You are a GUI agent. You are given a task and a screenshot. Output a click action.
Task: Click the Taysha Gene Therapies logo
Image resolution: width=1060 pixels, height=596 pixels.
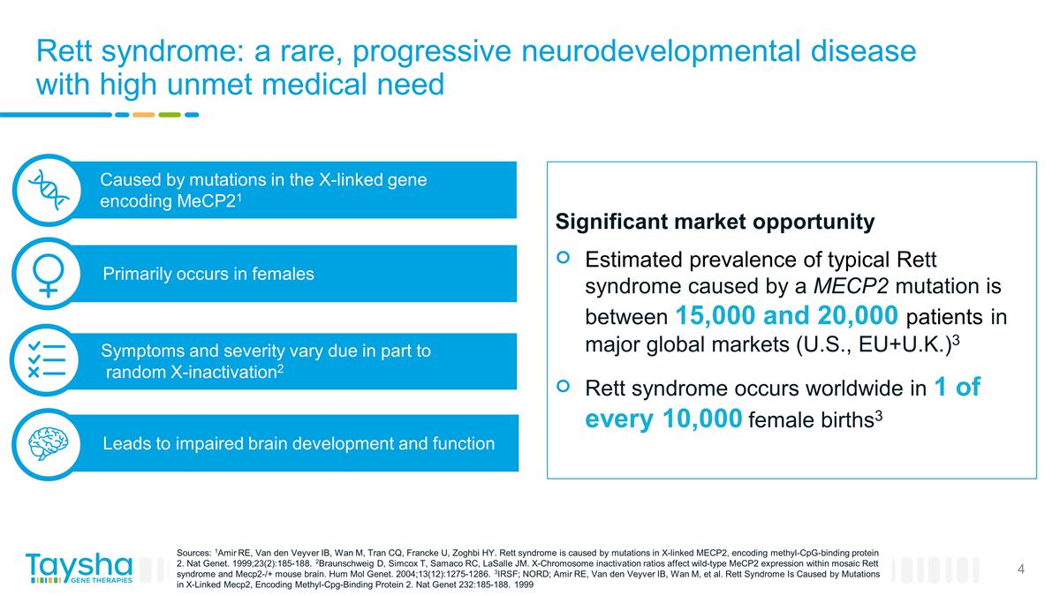(x=79, y=569)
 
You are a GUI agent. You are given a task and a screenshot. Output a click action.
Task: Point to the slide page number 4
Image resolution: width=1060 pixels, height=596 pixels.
(x=1021, y=570)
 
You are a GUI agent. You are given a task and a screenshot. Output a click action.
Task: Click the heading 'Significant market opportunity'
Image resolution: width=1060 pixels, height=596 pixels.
(x=715, y=222)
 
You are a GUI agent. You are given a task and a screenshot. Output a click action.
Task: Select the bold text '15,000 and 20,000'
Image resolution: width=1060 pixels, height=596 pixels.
(x=787, y=314)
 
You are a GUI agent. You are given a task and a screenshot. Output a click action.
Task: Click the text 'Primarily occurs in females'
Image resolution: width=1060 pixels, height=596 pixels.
(x=208, y=274)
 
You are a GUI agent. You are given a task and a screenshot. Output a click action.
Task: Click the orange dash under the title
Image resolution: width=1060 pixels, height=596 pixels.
(x=143, y=114)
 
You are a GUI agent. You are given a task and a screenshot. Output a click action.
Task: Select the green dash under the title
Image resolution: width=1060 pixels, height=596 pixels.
(x=170, y=114)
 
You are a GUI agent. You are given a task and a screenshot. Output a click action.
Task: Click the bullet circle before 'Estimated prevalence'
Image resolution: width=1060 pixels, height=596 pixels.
(x=564, y=259)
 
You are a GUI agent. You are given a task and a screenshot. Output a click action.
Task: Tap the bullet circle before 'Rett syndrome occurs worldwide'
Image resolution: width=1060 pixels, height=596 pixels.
(x=564, y=387)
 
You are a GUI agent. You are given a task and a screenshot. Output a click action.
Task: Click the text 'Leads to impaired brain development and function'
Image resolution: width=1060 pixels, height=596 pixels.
(x=299, y=443)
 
